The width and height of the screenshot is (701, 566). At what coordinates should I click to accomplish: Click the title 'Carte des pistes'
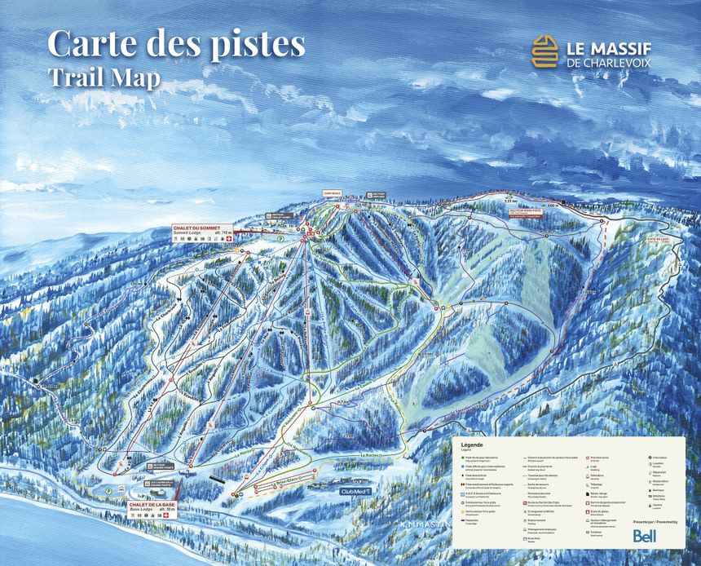(176, 42)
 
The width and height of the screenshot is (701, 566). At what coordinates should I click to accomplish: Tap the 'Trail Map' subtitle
(104, 77)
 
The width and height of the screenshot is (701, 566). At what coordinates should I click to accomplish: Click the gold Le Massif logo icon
(545, 51)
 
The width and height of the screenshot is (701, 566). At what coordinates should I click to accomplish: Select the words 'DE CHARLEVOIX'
(611, 62)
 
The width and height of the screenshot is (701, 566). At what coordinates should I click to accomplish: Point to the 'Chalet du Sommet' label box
(202, 231)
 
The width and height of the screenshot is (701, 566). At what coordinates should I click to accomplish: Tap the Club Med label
(355, 492)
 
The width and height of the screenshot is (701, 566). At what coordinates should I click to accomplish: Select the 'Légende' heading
(472, 444)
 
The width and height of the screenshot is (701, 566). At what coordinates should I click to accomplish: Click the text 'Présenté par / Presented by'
(655, 521)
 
